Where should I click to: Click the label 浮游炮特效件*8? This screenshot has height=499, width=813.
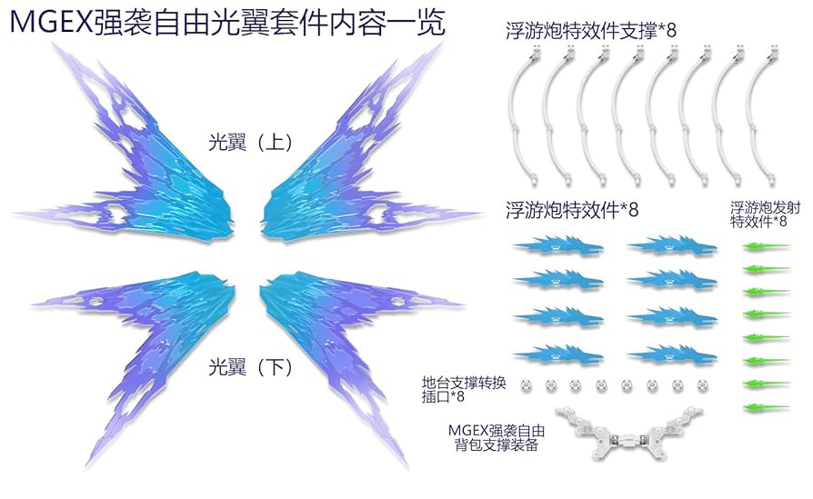(572, 209)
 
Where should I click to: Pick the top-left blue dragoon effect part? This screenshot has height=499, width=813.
(551, 245)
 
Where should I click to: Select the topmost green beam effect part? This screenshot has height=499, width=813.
(766, 245)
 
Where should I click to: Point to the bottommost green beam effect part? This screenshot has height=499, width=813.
(766, 406)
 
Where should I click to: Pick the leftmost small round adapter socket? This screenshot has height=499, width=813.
(526, 386)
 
